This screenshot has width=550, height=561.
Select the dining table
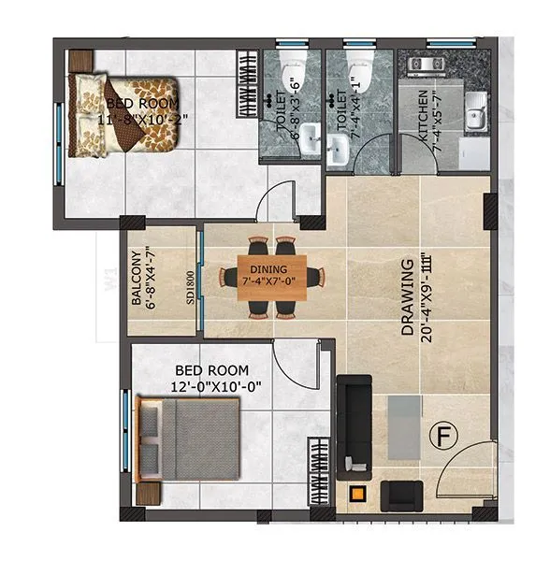tap(271, 278)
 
